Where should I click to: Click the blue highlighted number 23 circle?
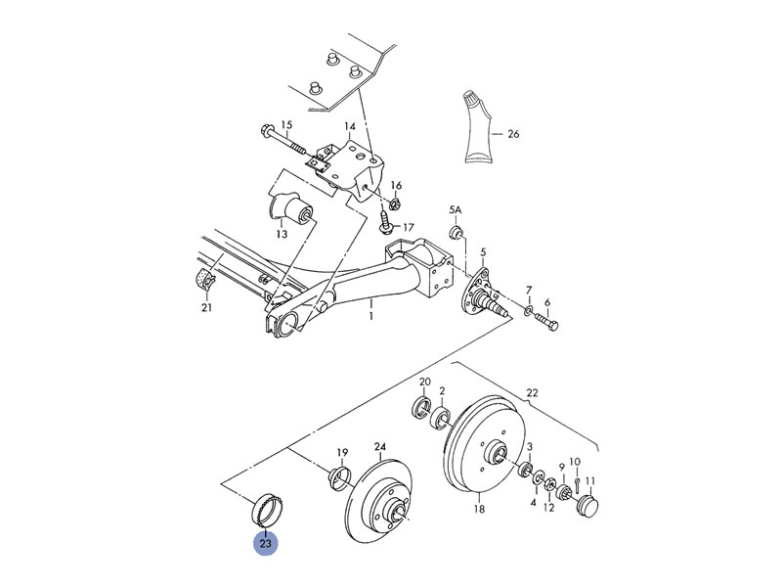point(265,543)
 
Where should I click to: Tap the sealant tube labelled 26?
point(477,128)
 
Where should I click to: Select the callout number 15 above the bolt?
point(286,125)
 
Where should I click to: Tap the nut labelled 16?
point(395,203)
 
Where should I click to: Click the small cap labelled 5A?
point(456,232)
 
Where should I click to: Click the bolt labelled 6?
point(546,320)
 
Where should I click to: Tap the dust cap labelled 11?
point(586,506)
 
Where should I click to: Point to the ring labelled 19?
point(339,476)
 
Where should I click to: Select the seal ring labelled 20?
point(422,406)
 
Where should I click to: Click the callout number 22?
point(533,393)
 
